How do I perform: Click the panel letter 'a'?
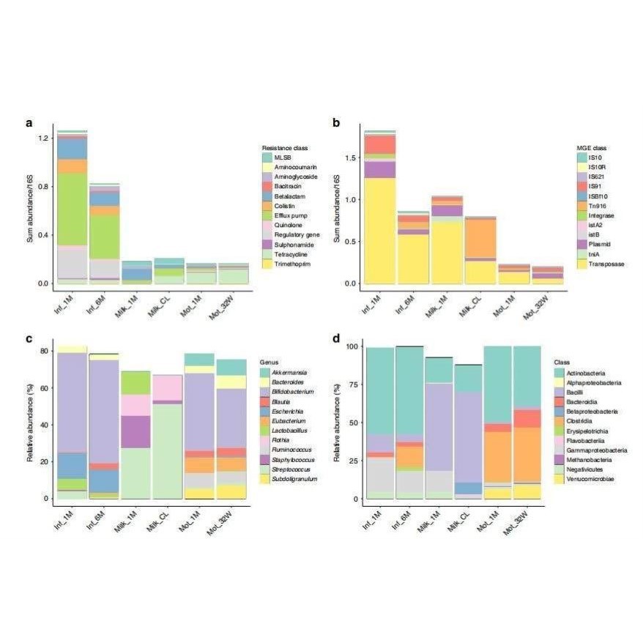(29, 123)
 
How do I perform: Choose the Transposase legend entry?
(597, 263)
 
